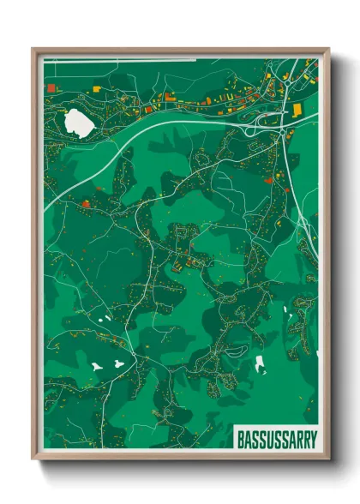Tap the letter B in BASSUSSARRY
point(239,435)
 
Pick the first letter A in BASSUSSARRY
point(246,435)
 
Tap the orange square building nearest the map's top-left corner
point(51,87)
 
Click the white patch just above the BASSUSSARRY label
point(260,363)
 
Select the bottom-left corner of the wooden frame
point(33,459)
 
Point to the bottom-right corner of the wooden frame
point(328,459)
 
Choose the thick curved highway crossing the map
point(154,129)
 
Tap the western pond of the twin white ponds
point(97,366)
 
